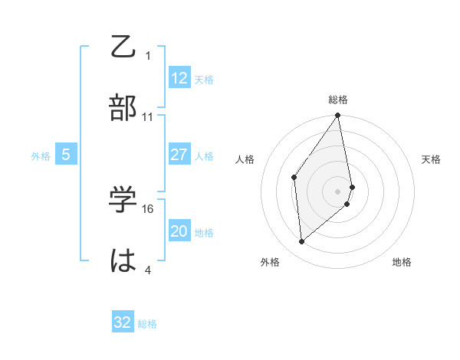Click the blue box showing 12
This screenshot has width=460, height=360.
click(x=179, y=78)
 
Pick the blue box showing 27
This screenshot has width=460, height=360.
click(x=179, y=155)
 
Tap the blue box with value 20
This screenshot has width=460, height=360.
click(x=179, y=231)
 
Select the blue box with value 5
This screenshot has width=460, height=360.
click(x=66, y=155)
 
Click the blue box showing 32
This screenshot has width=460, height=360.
click(x=123, y=322)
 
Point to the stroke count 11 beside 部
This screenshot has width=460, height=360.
click(x=148, y=117)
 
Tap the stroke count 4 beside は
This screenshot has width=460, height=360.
click(x=148, y=270)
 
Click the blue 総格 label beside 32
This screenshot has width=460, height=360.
click(x=147, y=324)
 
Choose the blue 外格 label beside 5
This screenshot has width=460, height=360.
click(x=41, y=156)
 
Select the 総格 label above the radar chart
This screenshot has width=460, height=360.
click(x=338, y=100)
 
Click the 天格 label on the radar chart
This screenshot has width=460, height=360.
click(x=432, y=159)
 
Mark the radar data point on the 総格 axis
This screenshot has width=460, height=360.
click(x=338, y=116)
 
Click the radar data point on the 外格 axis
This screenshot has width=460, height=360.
click(x=302, y=241)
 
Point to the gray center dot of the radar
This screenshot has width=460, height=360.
click(x=338, y=191)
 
